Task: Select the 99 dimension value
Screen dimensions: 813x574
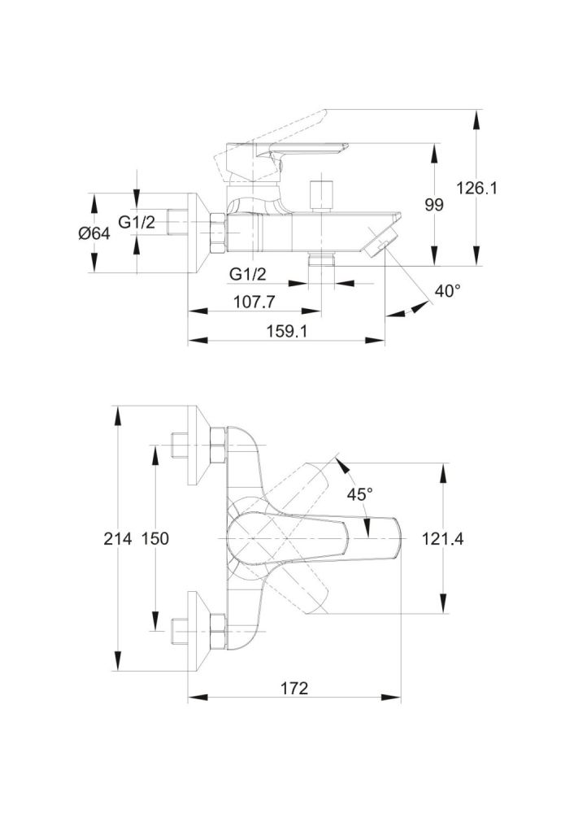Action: (x=434, y=205)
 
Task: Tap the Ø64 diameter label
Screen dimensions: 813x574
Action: (x=94, y=233)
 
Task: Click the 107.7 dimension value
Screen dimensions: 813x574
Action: (x=254, y=301)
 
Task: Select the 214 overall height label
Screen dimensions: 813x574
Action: (x=118, y=538)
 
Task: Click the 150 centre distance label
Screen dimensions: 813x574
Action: (x=155, y=538)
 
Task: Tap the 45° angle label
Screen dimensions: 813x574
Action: (x=360, y=493)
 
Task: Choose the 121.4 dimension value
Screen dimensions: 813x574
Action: (x=443, y=538)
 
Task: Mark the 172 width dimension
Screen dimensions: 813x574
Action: (x=294, y=689)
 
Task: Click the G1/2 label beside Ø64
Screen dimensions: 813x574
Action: (x=137, y=222)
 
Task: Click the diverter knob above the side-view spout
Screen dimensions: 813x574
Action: (x=323, y=193)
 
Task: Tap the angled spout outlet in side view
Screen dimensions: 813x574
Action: (x=381, y=242)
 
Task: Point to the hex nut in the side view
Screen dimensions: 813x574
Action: (x=217, y=233)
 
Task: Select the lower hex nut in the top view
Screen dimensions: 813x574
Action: (x=217, y=630)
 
